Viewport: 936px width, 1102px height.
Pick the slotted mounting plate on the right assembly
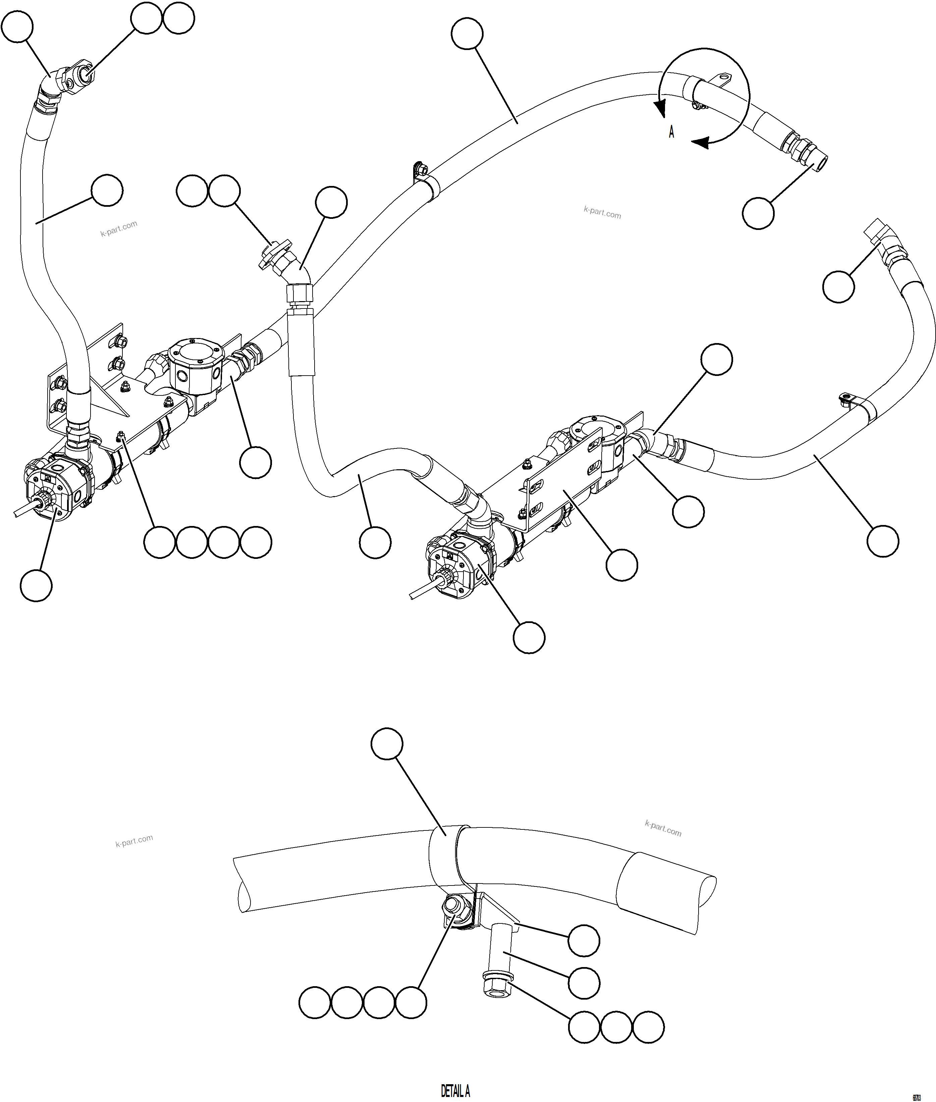click(562, 481)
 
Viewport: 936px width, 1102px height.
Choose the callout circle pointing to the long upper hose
click(467, 34)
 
